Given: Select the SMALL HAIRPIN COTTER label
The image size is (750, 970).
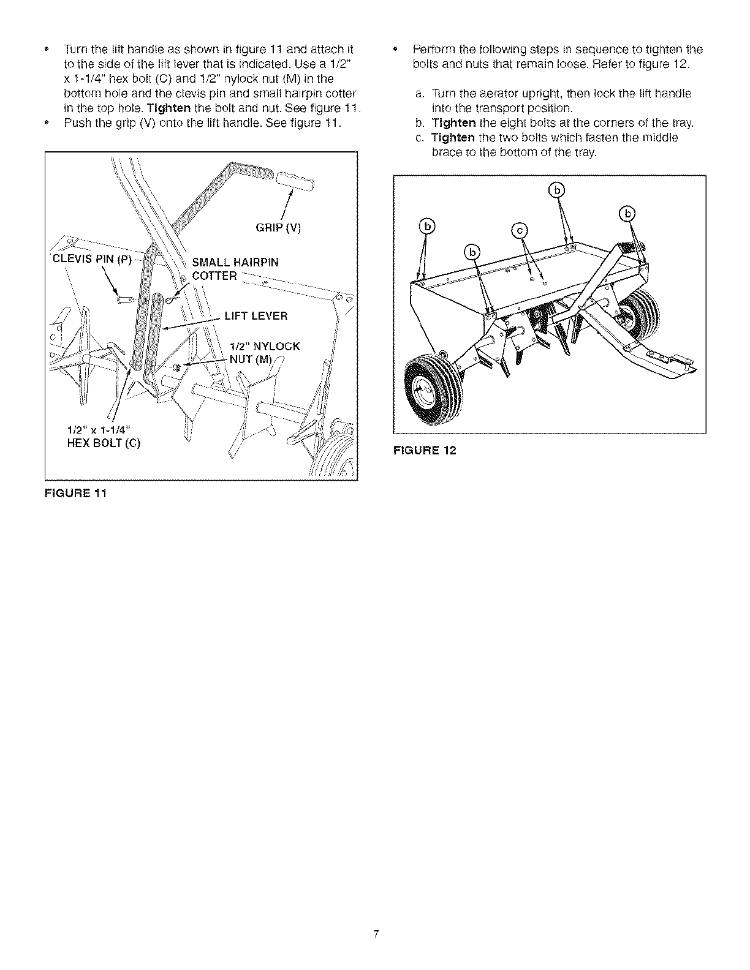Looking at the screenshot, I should point(235,269).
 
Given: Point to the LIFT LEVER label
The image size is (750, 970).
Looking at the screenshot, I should point(256,316).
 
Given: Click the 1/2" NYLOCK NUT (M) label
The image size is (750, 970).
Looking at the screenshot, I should point(264,353).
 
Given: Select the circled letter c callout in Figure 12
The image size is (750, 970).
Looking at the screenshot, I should point(520,230).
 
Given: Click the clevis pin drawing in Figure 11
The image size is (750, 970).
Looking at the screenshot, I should point(125,300).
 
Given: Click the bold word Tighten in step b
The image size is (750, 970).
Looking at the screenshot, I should point(453,123).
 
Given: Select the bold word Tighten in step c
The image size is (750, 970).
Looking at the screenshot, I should point(453,137).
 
